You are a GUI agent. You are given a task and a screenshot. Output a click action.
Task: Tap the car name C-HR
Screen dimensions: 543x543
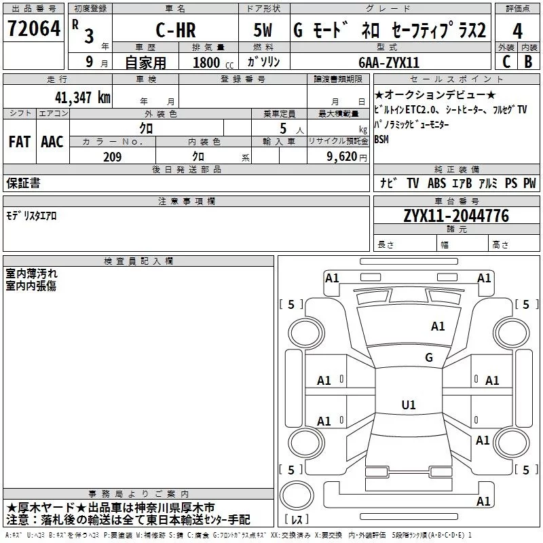pos(175,31)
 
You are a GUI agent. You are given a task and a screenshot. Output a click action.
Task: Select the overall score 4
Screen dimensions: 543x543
pos(518,31)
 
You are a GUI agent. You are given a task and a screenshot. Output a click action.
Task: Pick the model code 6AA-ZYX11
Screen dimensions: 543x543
pos(389,62)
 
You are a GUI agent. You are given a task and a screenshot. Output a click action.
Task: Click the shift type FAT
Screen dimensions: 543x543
pos(19,141)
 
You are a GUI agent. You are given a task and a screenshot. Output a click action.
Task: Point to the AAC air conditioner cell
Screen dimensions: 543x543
pos(52,141)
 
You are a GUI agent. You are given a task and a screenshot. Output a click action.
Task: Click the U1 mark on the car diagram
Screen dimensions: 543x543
pos(408,405)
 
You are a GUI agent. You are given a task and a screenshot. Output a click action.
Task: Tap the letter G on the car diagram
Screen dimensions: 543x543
pos(428,358)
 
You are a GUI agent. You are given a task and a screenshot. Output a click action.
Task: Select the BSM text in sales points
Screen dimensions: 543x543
pos(382,139)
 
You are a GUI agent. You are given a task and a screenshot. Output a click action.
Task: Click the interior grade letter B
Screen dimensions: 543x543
pos(528,62)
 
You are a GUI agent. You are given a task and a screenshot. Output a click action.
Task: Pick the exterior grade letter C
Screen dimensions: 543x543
pos(506,62)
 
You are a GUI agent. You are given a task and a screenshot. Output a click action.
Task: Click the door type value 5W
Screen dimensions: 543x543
pos(263,31)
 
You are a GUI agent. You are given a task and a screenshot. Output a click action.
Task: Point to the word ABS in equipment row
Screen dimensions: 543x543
pos(438,183)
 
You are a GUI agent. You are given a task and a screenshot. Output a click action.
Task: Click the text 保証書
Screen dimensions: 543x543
pos(23,183)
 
